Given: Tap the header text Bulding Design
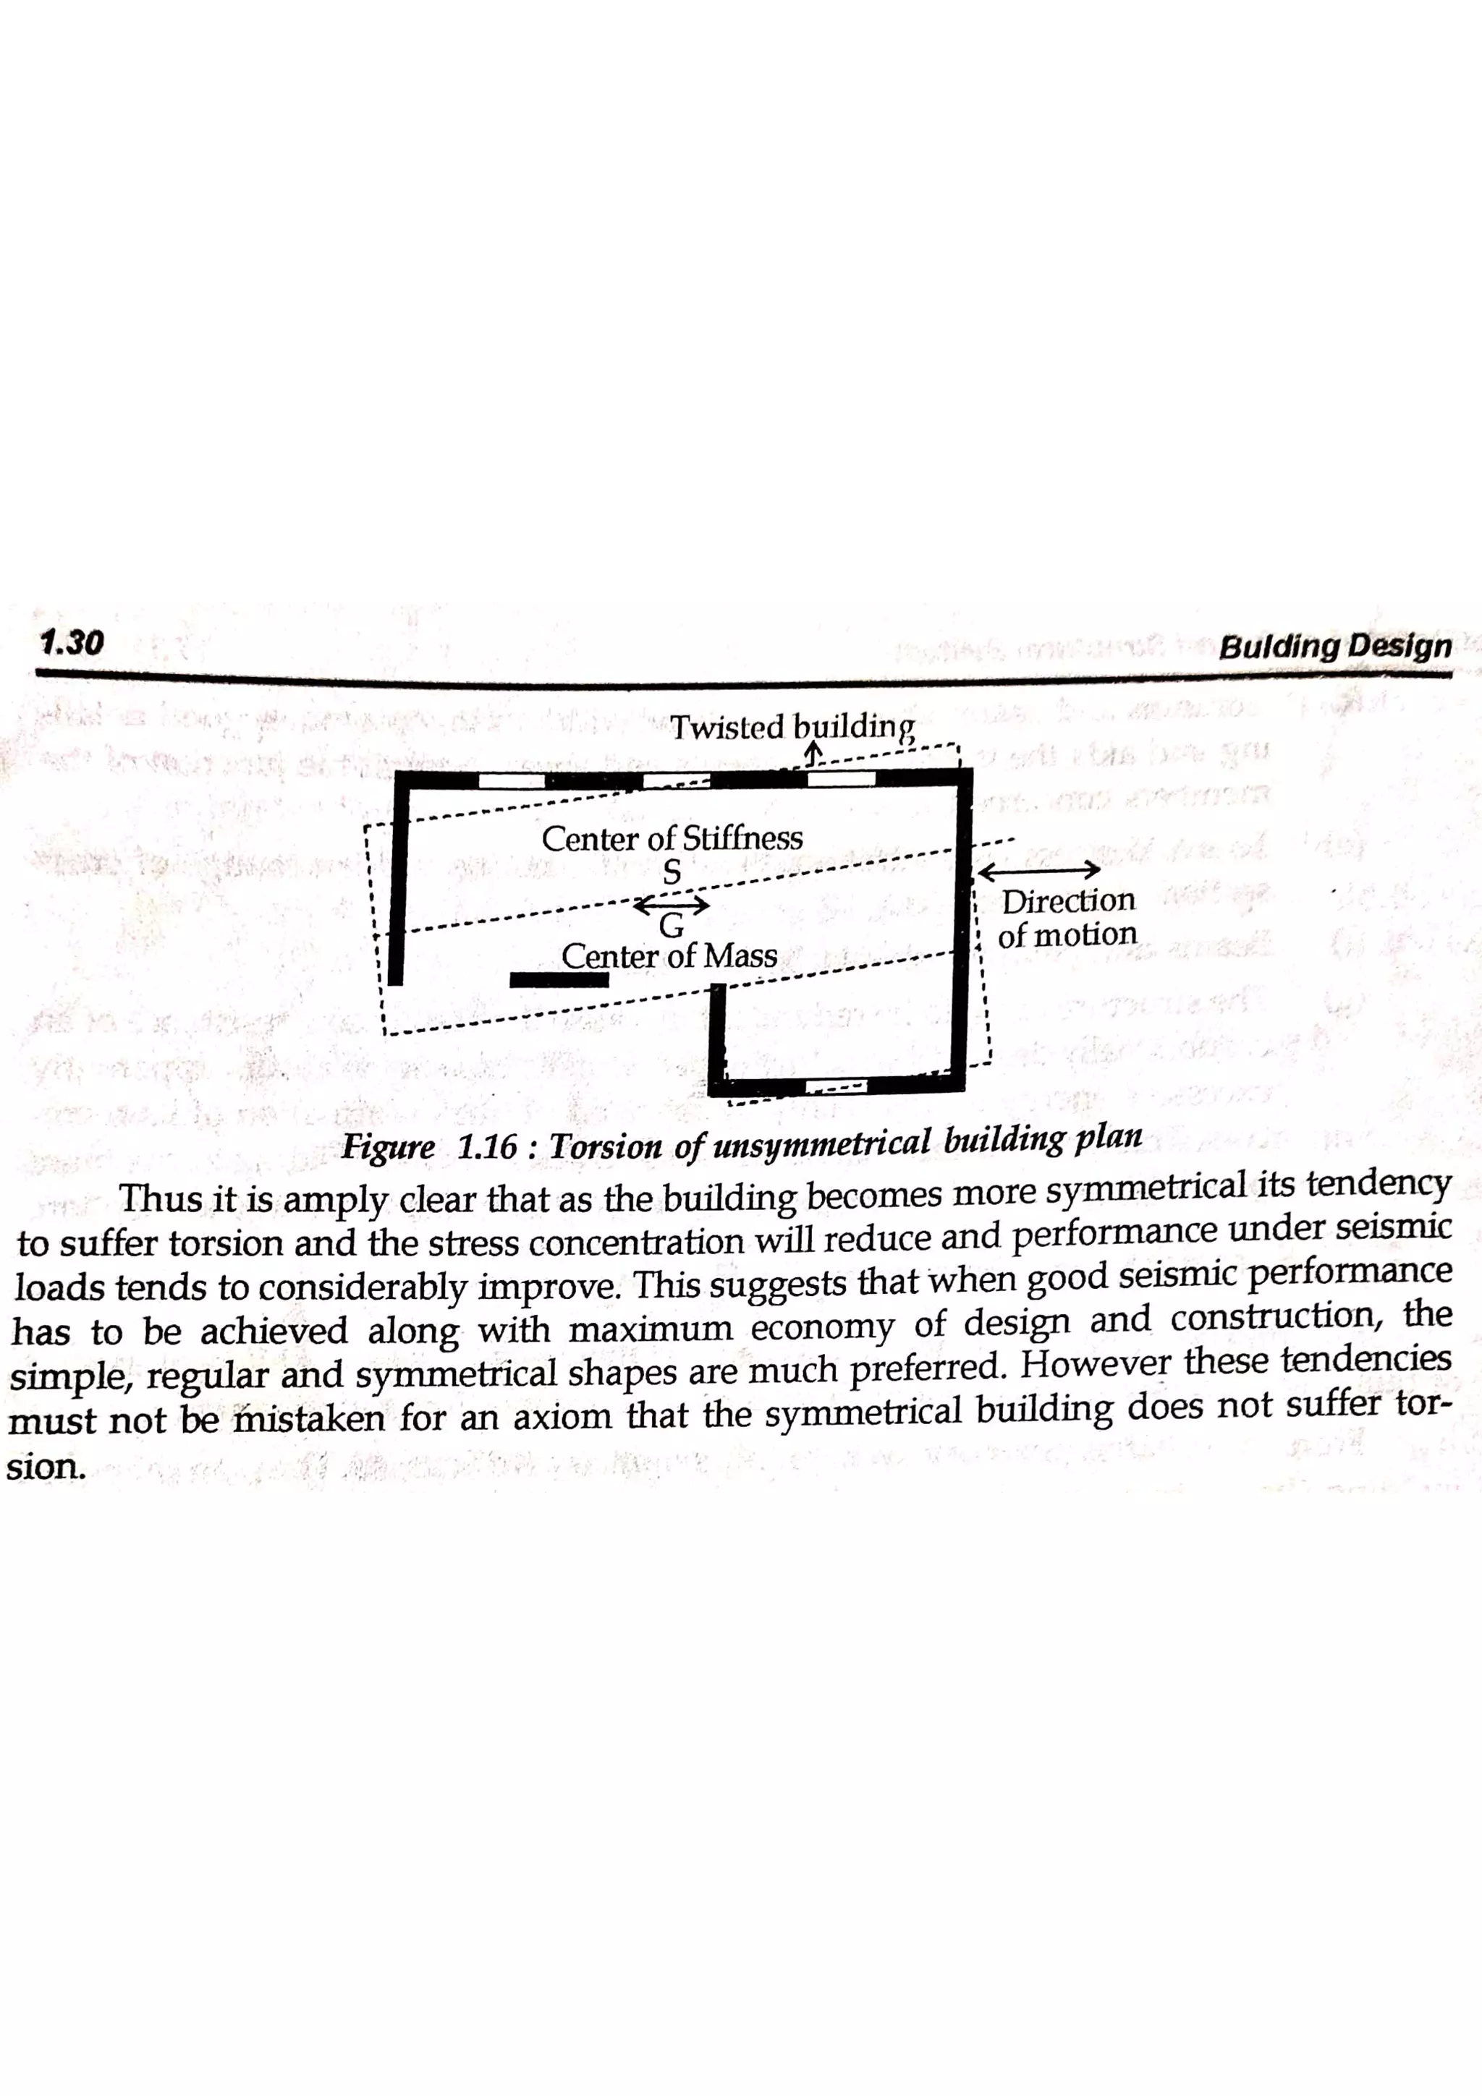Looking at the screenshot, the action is [x=1334, y=647].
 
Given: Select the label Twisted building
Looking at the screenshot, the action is [x=791, y=728].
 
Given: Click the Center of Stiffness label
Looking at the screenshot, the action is [x=672, y=838].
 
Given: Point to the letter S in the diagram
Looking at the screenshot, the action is [x=671, y=874].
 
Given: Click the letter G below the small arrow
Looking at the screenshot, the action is [x=671, y=926].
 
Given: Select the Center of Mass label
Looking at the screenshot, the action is [x=669, y=956].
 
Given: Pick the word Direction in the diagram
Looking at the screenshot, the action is [x=1068, y=901].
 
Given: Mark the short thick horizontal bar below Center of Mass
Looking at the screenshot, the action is [x=559, y=979].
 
